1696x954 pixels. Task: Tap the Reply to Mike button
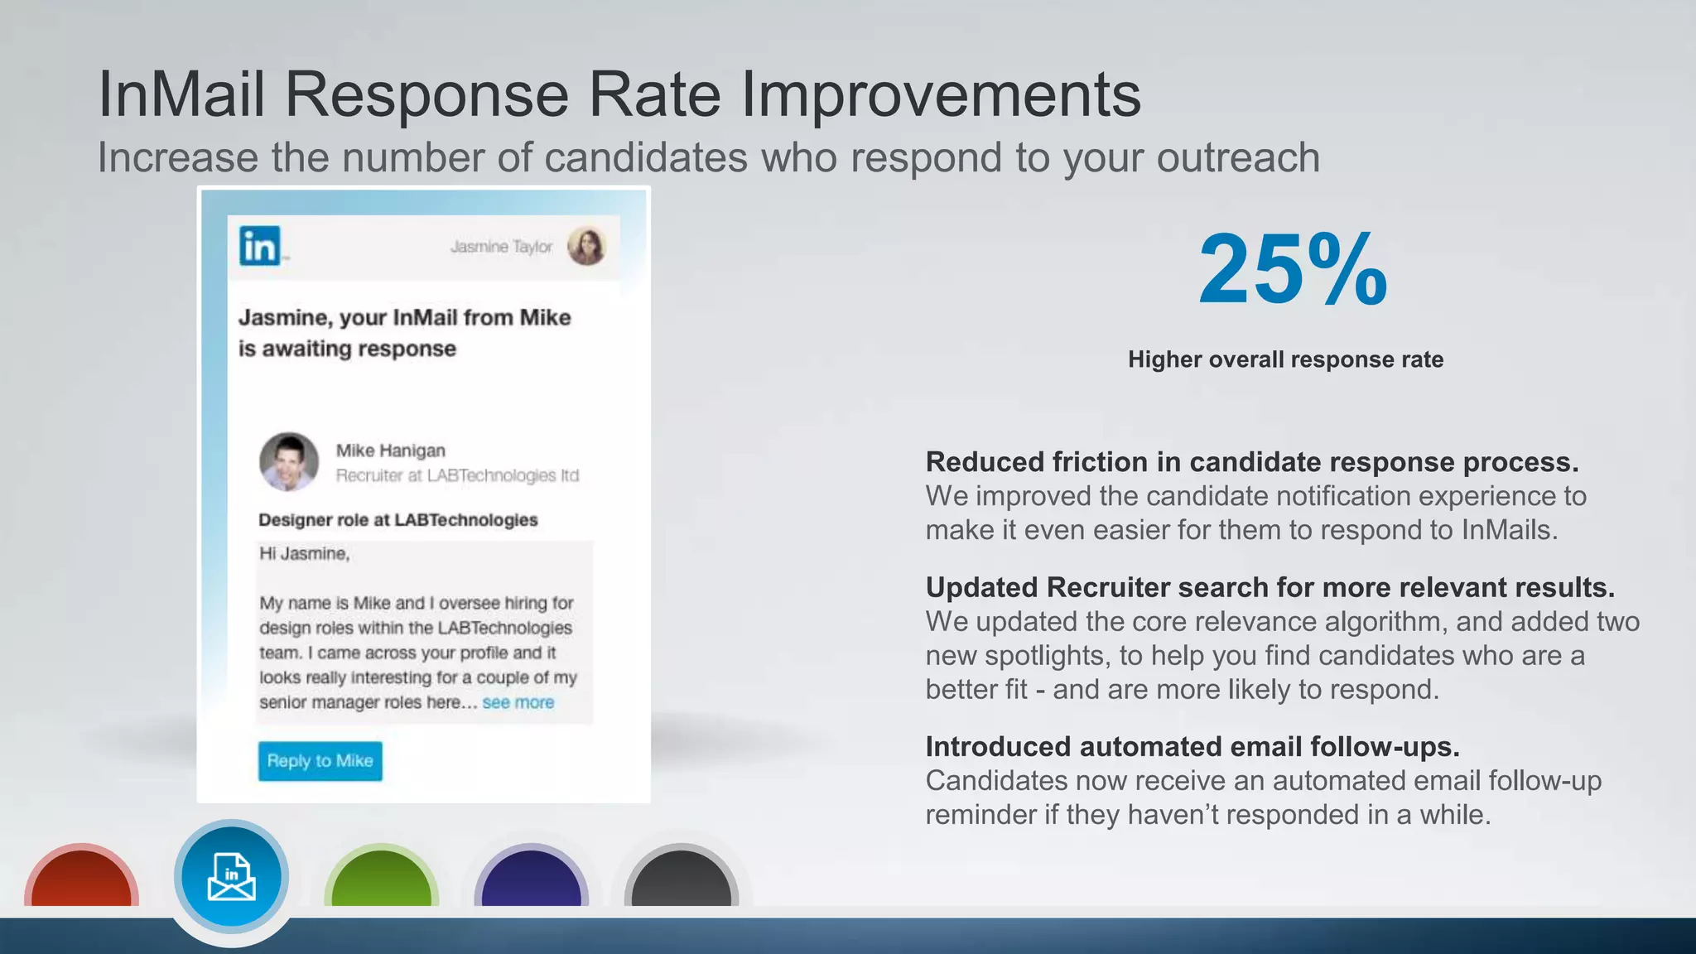click(320, 760)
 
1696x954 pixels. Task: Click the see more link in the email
click(518, 702)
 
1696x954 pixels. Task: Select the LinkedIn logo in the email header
click(260, 246)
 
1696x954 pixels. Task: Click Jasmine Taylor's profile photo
click(586, 246)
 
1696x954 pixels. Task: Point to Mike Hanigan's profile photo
click(288, 461)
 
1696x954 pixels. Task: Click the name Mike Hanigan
click(390, 450)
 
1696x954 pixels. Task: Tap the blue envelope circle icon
click(231, 876)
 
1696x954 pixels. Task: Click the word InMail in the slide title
click(181, 94)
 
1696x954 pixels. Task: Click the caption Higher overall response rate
click(1285, 359)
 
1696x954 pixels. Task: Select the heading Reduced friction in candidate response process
click(1251, 462)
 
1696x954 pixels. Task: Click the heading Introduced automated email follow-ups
click(1192, 747)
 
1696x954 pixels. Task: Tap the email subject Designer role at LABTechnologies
click(397, 520)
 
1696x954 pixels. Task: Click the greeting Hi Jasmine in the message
click(304, 553)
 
